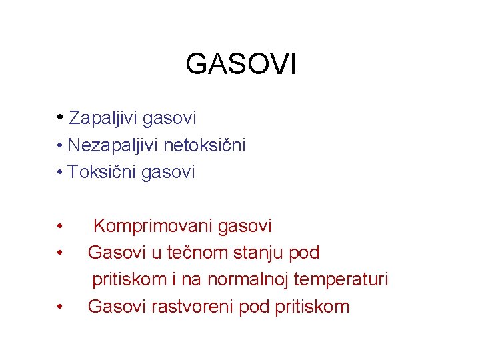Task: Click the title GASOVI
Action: (241, 65)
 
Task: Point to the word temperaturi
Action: (342, 280)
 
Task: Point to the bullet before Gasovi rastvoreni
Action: (60, 307)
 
